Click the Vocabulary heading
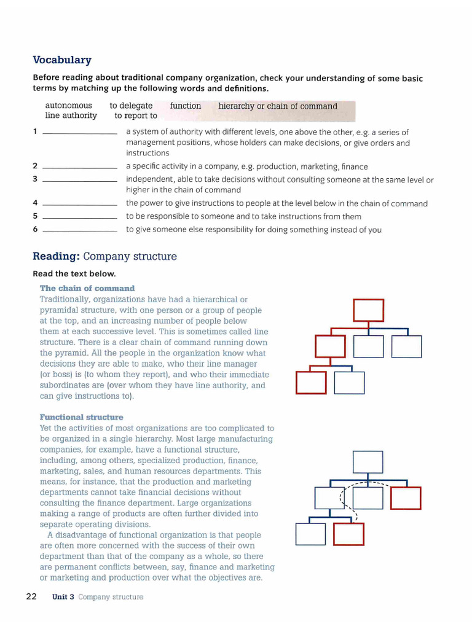click(x=61, y=60)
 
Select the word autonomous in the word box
click(x=68, y=106)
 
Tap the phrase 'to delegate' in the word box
click(x=131, y=106)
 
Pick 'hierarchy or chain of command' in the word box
click(x=278, y=106)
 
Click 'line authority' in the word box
click(x=71, y=115)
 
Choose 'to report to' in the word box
click(x=136, y=115)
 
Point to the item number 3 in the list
click(x=35, y=179)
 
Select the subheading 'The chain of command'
click(x=87, y=288)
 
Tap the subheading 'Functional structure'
click(x=81, y=417)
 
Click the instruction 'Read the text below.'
click(x=74, y=274)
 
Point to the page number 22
click(x=32, y=596)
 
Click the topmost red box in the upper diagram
click(x=368, y=310)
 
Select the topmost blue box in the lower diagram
click(x=368, y=462)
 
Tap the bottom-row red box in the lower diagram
click(x=348, y=534)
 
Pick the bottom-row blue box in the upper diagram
click(x=349, y=383)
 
